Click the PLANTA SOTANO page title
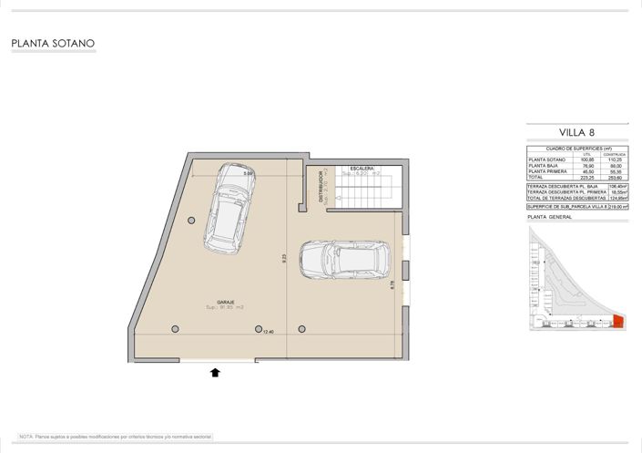point(53,43)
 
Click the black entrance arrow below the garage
point(216,372)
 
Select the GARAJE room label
point(225,302)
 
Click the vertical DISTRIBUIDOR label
point(321,187)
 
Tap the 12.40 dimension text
point(268,332)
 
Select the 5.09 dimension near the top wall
point(248,172)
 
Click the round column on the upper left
point(190,221)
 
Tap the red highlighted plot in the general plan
point(618,320)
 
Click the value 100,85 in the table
point(586,160)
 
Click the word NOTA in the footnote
point(25,438)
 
